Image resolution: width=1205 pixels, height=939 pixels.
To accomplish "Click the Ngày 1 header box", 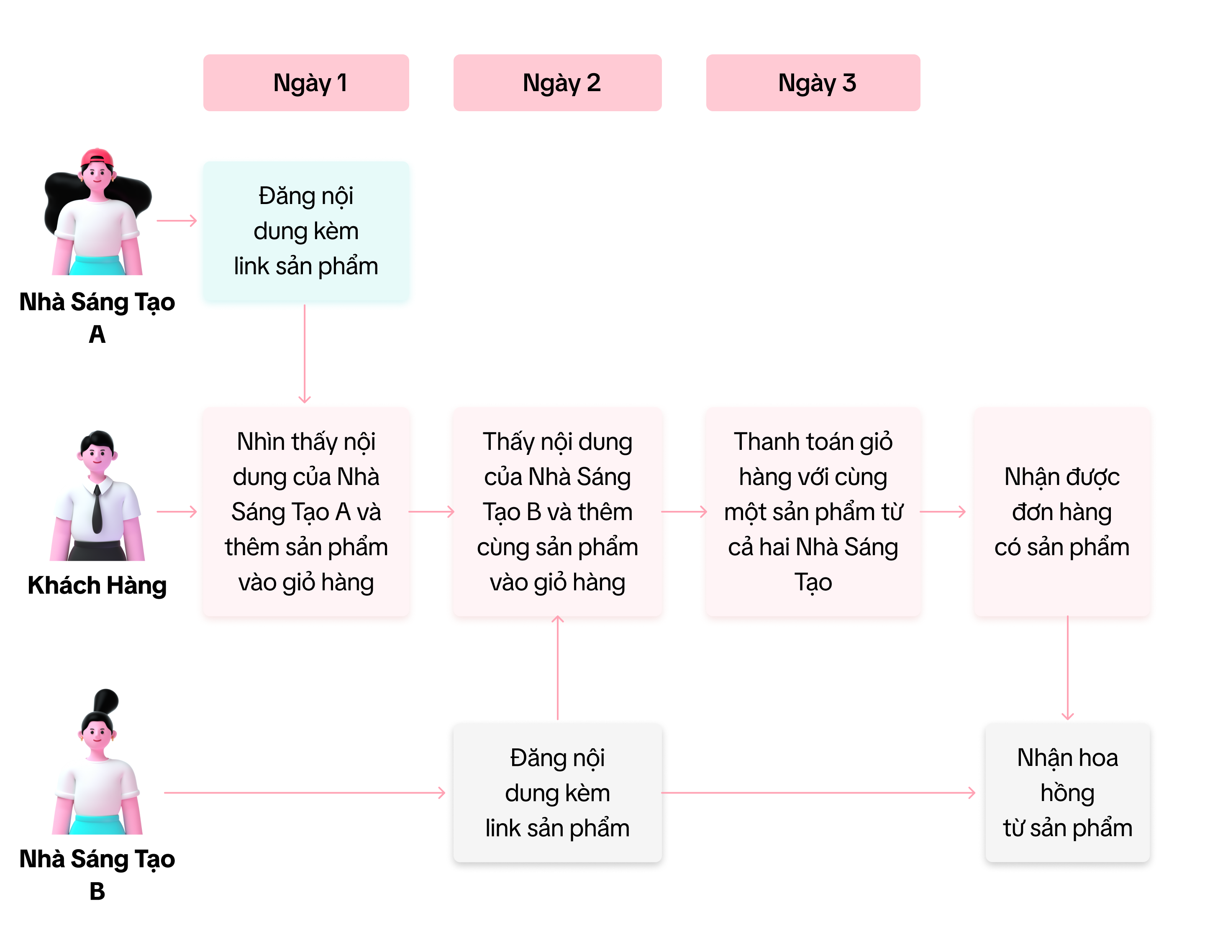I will tap(306, 83).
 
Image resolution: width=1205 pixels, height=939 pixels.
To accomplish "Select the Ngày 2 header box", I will tap(557, 83).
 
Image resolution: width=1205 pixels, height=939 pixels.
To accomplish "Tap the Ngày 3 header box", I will tap(813, 83).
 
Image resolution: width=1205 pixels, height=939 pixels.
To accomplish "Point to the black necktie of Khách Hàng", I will tap(97, 510).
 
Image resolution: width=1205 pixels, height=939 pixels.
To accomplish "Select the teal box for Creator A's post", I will tap(306, 232).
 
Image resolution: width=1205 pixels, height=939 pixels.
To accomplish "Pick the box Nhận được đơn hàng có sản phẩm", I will tap(1061, 512).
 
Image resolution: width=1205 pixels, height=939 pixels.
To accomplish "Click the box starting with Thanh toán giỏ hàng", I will tap(813, 512).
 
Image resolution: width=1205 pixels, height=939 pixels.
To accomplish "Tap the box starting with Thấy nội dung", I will tap(557, 512).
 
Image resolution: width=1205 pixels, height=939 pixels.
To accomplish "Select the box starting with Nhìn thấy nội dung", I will tap(306, 512).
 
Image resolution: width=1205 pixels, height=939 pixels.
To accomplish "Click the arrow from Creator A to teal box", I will tap(177, 221).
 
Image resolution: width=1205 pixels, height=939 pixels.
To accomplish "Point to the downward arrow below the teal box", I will tap(305, 353).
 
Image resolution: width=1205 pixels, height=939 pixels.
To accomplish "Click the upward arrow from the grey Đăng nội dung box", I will tap(558, 667).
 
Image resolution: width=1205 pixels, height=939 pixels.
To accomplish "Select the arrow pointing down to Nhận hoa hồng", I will tap(1068, 667).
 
